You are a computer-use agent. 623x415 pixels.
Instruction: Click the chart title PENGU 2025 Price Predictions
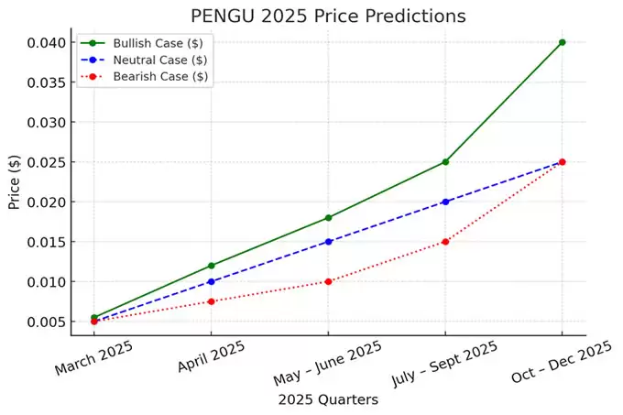328,16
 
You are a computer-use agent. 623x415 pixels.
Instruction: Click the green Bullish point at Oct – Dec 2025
562,42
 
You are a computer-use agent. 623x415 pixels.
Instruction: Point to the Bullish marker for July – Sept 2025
445,161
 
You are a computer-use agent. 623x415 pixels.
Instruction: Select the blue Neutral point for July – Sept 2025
445,202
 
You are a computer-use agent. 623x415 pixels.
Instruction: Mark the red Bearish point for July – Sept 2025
445,242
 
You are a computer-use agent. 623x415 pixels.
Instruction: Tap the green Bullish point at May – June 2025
328,217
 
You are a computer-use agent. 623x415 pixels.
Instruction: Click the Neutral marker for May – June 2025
328,242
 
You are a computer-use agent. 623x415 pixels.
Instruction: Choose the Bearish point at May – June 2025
328,281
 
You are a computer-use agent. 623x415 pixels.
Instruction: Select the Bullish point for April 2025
212,266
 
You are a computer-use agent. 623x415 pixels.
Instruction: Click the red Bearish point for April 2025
212,301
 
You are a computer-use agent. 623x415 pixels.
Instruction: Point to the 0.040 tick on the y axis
45,42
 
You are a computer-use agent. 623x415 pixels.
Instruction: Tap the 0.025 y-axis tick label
45,162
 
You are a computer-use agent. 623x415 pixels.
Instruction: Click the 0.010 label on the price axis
45,282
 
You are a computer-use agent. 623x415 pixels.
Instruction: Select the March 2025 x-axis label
93,356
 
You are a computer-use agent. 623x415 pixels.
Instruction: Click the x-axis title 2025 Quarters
327,399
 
